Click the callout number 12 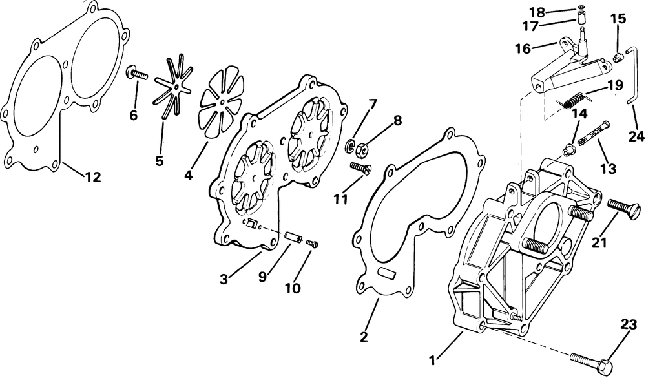click(93, 177)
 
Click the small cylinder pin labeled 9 click(292, 236)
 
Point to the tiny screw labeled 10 click(312, 244)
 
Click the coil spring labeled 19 click(573, 101)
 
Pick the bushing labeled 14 click(570, 150)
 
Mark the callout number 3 click(224, 279)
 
